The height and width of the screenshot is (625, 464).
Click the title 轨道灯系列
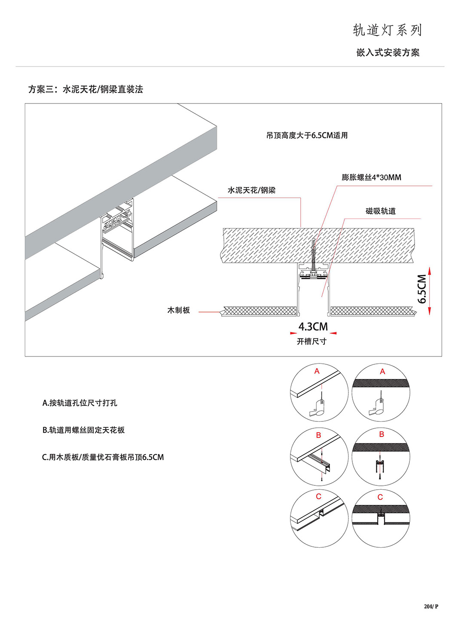point(388,30)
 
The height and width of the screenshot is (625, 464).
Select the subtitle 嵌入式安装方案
point(388,53)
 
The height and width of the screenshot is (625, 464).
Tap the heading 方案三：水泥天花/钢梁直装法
point(85,89)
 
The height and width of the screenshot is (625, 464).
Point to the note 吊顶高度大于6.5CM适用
point(307,135)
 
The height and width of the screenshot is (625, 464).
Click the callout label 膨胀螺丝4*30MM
point(371,177)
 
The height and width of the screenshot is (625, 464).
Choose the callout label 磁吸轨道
point(380,211)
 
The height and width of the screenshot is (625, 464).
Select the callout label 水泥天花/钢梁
point(251,190)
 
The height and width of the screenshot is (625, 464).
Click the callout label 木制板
point(178,310)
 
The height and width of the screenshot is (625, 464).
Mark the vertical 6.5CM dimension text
point(422,289)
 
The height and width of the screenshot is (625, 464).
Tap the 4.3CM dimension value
point(313,327)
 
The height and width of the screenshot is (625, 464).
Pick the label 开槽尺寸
point(311,341)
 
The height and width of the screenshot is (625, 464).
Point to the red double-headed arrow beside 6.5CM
point(430,291)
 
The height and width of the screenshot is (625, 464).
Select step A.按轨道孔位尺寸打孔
point(79,403)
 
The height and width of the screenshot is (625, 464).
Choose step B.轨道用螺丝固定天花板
point(83,430)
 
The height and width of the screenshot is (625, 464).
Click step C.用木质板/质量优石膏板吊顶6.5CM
point(103,457)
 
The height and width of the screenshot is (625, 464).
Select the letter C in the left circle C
point(318,497)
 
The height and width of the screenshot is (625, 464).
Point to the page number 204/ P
point(431,607)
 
